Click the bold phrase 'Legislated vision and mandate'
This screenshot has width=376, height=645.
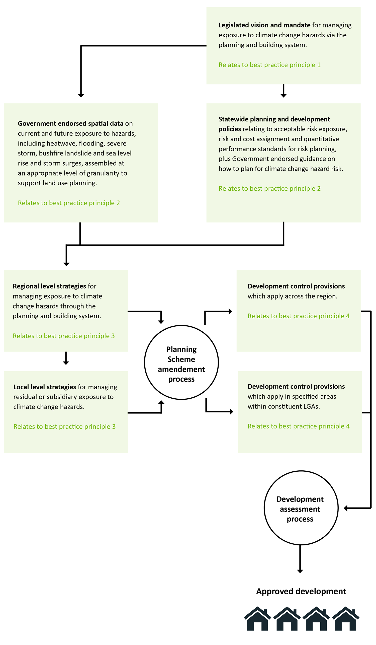pyautogui.click(x=264, y=25)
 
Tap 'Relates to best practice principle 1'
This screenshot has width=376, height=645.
pyautogui.click(x=269, y=65)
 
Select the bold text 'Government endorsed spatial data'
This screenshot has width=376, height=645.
pyautogui.click(x=71, y=123)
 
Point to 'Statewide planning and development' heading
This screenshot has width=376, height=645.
pyautogui.click(x=274, y=119)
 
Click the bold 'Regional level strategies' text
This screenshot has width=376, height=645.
pyautogui.click(x=49, y=286)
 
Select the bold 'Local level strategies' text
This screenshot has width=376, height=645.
pyautogui.click(x=45, y=387)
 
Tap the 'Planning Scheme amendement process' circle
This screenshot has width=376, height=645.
pyautogui.click(x=181, y=364)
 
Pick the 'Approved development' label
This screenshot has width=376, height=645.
pyautogui.click(x=301, y=591)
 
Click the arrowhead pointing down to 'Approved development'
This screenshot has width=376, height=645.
pyautogui.click(x=300, y=571)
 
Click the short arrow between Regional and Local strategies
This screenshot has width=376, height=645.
pyautogui.click(x=66, y=358)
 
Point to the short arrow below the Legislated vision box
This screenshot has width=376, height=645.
pyautogui.click(x=284, y=91)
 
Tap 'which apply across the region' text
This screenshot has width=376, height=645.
pyautogui.click(x=292, y=296)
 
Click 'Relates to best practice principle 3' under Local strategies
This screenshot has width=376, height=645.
pyautogui.click(x=64, y=426)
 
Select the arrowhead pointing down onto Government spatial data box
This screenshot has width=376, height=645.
pyautogui.click(x=81, y=96)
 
